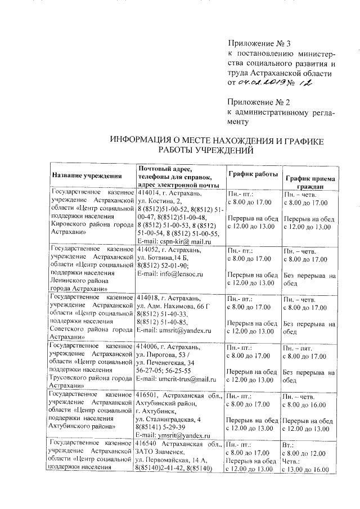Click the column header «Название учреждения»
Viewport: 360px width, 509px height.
(87, 176)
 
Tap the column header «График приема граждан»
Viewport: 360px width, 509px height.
(310, 182)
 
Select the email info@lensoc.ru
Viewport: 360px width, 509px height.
(169, 274)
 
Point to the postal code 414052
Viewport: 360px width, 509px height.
(148, 249)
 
